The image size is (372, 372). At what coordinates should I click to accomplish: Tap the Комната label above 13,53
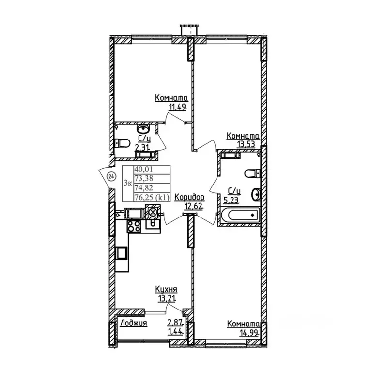point(243,136)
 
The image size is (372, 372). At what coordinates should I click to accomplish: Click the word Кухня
point(166,289)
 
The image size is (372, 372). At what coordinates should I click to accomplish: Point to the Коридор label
point(189,197)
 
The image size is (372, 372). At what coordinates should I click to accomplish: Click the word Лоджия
point(134,323)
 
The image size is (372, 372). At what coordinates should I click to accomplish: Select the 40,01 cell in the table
point(152,170)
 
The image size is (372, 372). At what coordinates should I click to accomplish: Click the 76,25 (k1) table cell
point(152,197)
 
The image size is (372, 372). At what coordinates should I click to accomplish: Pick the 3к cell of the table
point(128,183)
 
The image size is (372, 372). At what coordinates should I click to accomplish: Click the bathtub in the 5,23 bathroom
point(240,216)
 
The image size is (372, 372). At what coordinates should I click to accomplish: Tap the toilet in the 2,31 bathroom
point(122,143)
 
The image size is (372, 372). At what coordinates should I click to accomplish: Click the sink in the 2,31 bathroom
point(143,129)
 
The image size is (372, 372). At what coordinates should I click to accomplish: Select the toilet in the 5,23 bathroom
point(252,173)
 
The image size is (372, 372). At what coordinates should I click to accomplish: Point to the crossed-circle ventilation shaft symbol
point(153,211)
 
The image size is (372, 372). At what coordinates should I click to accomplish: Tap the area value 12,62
point(194,206)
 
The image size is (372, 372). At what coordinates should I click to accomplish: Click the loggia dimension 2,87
point(176,322)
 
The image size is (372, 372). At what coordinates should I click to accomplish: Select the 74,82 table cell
point(152,188)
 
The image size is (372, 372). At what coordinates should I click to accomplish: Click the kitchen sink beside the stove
point(153,223)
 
